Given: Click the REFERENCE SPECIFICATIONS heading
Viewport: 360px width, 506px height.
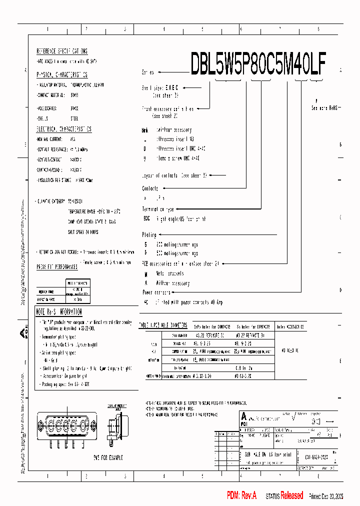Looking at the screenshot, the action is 62,51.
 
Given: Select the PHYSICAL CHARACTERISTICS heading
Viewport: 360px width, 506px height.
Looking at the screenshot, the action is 62,74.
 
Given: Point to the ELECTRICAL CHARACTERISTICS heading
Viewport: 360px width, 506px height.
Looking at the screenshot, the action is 64,129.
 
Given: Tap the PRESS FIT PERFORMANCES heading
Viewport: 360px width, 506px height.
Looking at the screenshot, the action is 57,267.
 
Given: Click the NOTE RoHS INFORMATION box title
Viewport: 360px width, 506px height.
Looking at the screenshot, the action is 59,312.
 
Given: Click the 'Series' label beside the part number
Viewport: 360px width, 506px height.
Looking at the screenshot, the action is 148,72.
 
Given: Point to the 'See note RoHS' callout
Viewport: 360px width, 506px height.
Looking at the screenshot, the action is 324,107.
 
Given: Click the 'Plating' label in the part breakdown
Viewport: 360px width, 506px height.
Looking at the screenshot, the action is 149,234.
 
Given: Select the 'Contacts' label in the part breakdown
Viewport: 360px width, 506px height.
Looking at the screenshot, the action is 150,188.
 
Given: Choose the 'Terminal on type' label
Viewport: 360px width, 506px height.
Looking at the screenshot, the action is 158,209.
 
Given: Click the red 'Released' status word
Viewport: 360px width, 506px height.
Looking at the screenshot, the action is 291,495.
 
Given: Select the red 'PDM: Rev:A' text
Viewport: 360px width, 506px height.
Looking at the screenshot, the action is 241,495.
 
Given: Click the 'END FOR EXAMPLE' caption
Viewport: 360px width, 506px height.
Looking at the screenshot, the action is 107,457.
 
